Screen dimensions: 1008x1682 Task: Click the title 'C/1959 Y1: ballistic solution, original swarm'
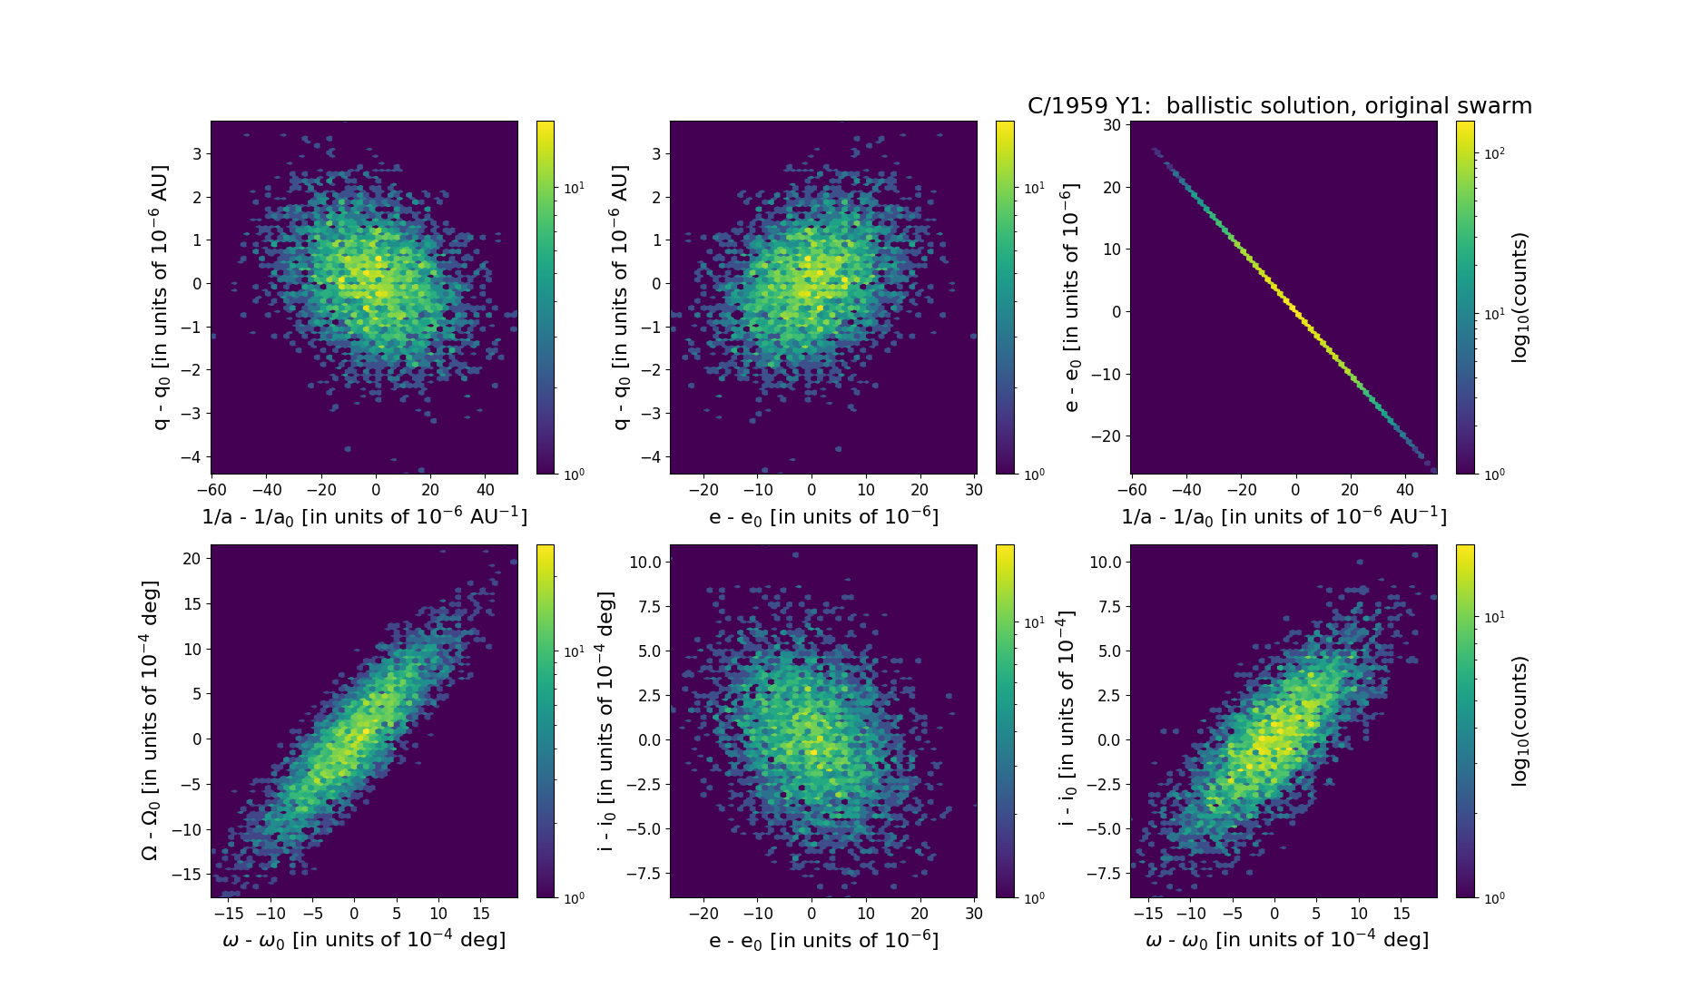pos(1279,106)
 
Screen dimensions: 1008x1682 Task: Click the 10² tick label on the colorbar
pos(1493,153)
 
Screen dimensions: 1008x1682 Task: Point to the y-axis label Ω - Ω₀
pos(151,720)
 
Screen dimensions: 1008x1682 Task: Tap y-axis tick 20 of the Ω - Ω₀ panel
pos(192,559)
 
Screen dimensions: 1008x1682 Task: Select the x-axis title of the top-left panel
pos(364,516)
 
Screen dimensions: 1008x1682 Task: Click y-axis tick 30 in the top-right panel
pos(1112,125)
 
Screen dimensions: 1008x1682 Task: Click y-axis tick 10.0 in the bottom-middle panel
pos(645,563)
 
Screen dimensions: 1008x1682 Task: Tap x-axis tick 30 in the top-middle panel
pos(974,490)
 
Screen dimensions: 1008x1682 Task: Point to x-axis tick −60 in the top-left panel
pos(211,490)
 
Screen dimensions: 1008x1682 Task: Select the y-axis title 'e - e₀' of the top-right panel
pos(1072,298)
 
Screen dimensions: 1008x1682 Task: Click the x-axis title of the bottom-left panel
pos(364,940)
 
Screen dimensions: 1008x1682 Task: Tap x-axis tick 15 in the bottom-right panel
pos(1402,914)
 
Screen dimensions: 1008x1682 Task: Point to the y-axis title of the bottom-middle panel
pos(605,721)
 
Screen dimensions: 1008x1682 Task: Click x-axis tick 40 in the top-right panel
pos(1405,490)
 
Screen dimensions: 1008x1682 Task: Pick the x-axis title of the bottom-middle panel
pos(823,940)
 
